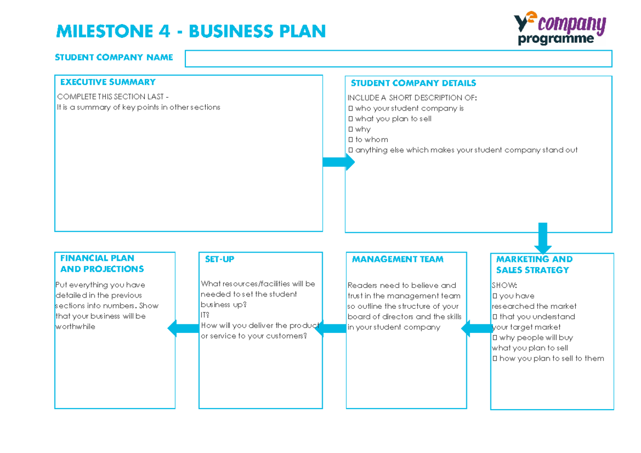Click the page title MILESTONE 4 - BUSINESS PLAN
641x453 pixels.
click(191, 32)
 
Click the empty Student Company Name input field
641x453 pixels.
click(398, 58)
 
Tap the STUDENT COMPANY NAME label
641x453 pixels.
click(114, 58)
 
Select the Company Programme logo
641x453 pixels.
click(559, 29)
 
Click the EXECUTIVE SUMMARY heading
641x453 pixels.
click(107, 82)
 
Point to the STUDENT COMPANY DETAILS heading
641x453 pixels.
click(413, 83)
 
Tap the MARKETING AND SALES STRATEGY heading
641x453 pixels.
click(534, 264)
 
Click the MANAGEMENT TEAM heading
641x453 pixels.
click(397, 260)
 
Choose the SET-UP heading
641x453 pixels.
click(220, 260)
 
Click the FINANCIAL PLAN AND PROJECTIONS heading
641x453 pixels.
click(101, 263)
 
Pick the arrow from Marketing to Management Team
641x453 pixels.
click(477, 329)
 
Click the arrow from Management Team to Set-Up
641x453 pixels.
click(331, 329)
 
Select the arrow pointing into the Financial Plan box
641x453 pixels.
click(183, 329)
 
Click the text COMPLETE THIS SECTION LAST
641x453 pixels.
click(113, 97)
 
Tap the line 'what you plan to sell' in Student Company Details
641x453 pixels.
click(393, 119)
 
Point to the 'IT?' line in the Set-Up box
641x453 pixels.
click(205, 315)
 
